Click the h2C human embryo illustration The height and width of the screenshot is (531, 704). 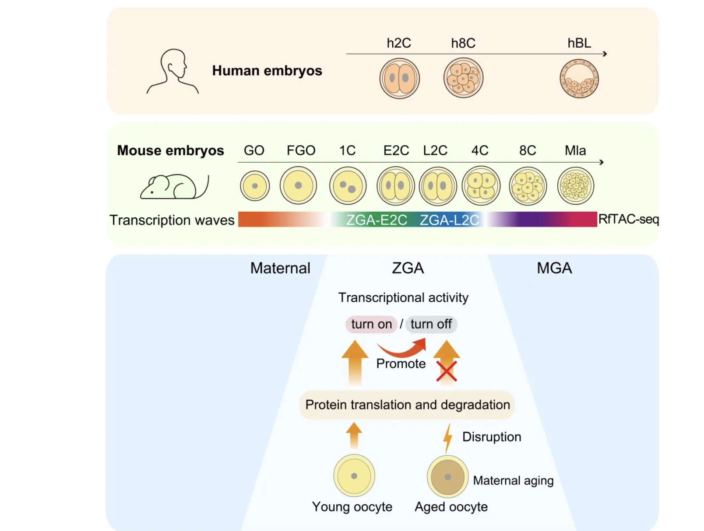point(399,78)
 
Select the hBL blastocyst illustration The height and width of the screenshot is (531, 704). point(579,78)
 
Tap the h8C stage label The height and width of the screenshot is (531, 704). point(463,43)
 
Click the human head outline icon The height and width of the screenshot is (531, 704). point(172,71)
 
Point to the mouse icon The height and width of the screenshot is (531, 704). point(175,186)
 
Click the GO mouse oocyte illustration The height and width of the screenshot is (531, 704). point(255,186)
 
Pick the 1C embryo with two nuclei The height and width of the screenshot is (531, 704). point(348,186)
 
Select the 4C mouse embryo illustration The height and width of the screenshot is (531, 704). point(481,186)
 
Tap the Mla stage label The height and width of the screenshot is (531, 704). point(575,150)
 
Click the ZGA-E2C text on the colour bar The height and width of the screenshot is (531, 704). point(377,220)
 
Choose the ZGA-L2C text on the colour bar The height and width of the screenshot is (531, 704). point(449,220)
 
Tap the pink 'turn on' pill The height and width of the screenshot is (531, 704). point(371,324)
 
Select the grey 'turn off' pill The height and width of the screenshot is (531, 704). point(431,324)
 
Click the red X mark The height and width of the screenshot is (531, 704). point(447,371)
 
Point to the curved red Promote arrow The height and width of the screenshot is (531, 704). point(401,351)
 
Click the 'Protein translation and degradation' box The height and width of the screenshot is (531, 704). point(407,405)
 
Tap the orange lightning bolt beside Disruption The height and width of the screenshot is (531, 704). point(448,438)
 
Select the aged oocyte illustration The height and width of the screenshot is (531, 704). point(447,476)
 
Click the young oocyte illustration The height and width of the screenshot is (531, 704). point(354,476)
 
